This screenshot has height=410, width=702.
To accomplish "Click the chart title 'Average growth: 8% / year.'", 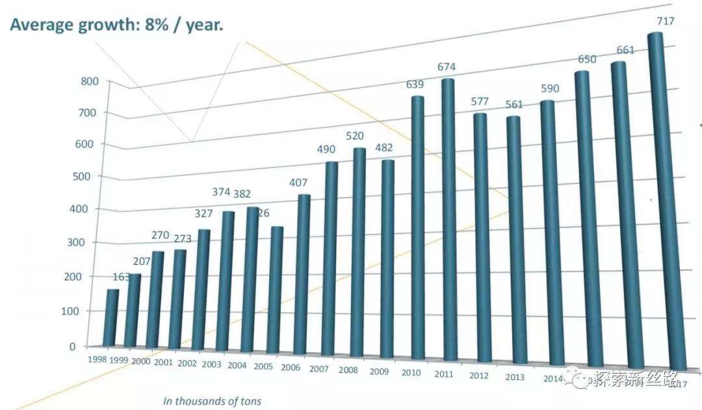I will click(116, 25).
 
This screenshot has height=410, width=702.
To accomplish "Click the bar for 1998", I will click(111, 318).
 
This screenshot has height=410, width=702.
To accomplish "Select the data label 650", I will click(587, 60).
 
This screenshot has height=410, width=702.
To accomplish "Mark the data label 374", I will click(222, 192).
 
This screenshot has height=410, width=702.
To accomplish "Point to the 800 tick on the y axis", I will click(89, 81).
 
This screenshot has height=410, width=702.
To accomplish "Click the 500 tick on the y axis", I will click(89, 176).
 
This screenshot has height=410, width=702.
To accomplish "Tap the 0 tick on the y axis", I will click(91, 346).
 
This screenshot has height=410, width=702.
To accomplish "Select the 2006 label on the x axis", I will click(291, 368).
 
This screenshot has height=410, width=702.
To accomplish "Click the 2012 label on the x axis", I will click(478, 376).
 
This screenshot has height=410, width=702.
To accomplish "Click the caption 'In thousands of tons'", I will click(212, 401).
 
